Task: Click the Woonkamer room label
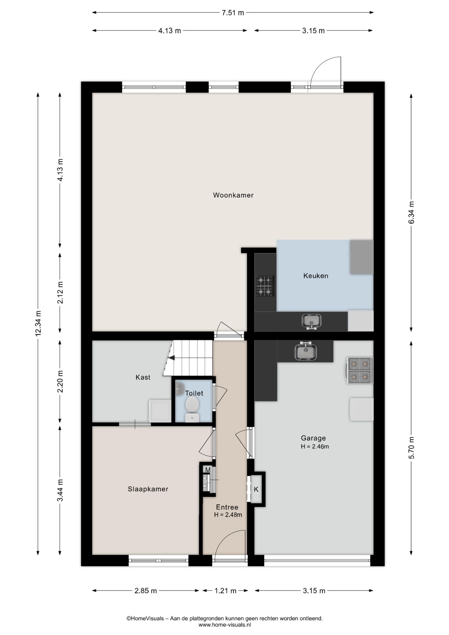pyautogui.click(x=233, y=195)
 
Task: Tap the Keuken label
pyautogui.click(x=316, y=276)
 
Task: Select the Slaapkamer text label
pyautogui.click(x=148, y=489)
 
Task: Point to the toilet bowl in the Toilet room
pyautogui.click(x=192, y=409)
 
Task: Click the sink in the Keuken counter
pyautogui.click(x=311, y=321)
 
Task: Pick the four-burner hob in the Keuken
pyautogui.click(x=265, y=286)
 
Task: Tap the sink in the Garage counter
pyautogui.click(x=306, y=351)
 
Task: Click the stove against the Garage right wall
pyautogui.click(x=360, y=370)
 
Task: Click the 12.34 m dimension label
pyautogui.click(x=38, y=323)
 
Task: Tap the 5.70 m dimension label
pyautogui.click(x=411, y=447)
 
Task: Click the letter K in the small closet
pyautogui.click(x=256, y=489)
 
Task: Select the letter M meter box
pyautogui.click(x=208, y=470)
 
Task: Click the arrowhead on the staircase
pyautogui.click(x=171, y=357)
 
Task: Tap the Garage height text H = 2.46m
pyautogui.click(x=315, y=446)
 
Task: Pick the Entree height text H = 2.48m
pyautogui.click(x=228, y=515)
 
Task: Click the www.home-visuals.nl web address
pyautogui.click(x=225, y=625)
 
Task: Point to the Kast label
pyautogui.click(x=143, y=377)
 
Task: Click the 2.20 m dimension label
pyautogui.click(x=60, y=382)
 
